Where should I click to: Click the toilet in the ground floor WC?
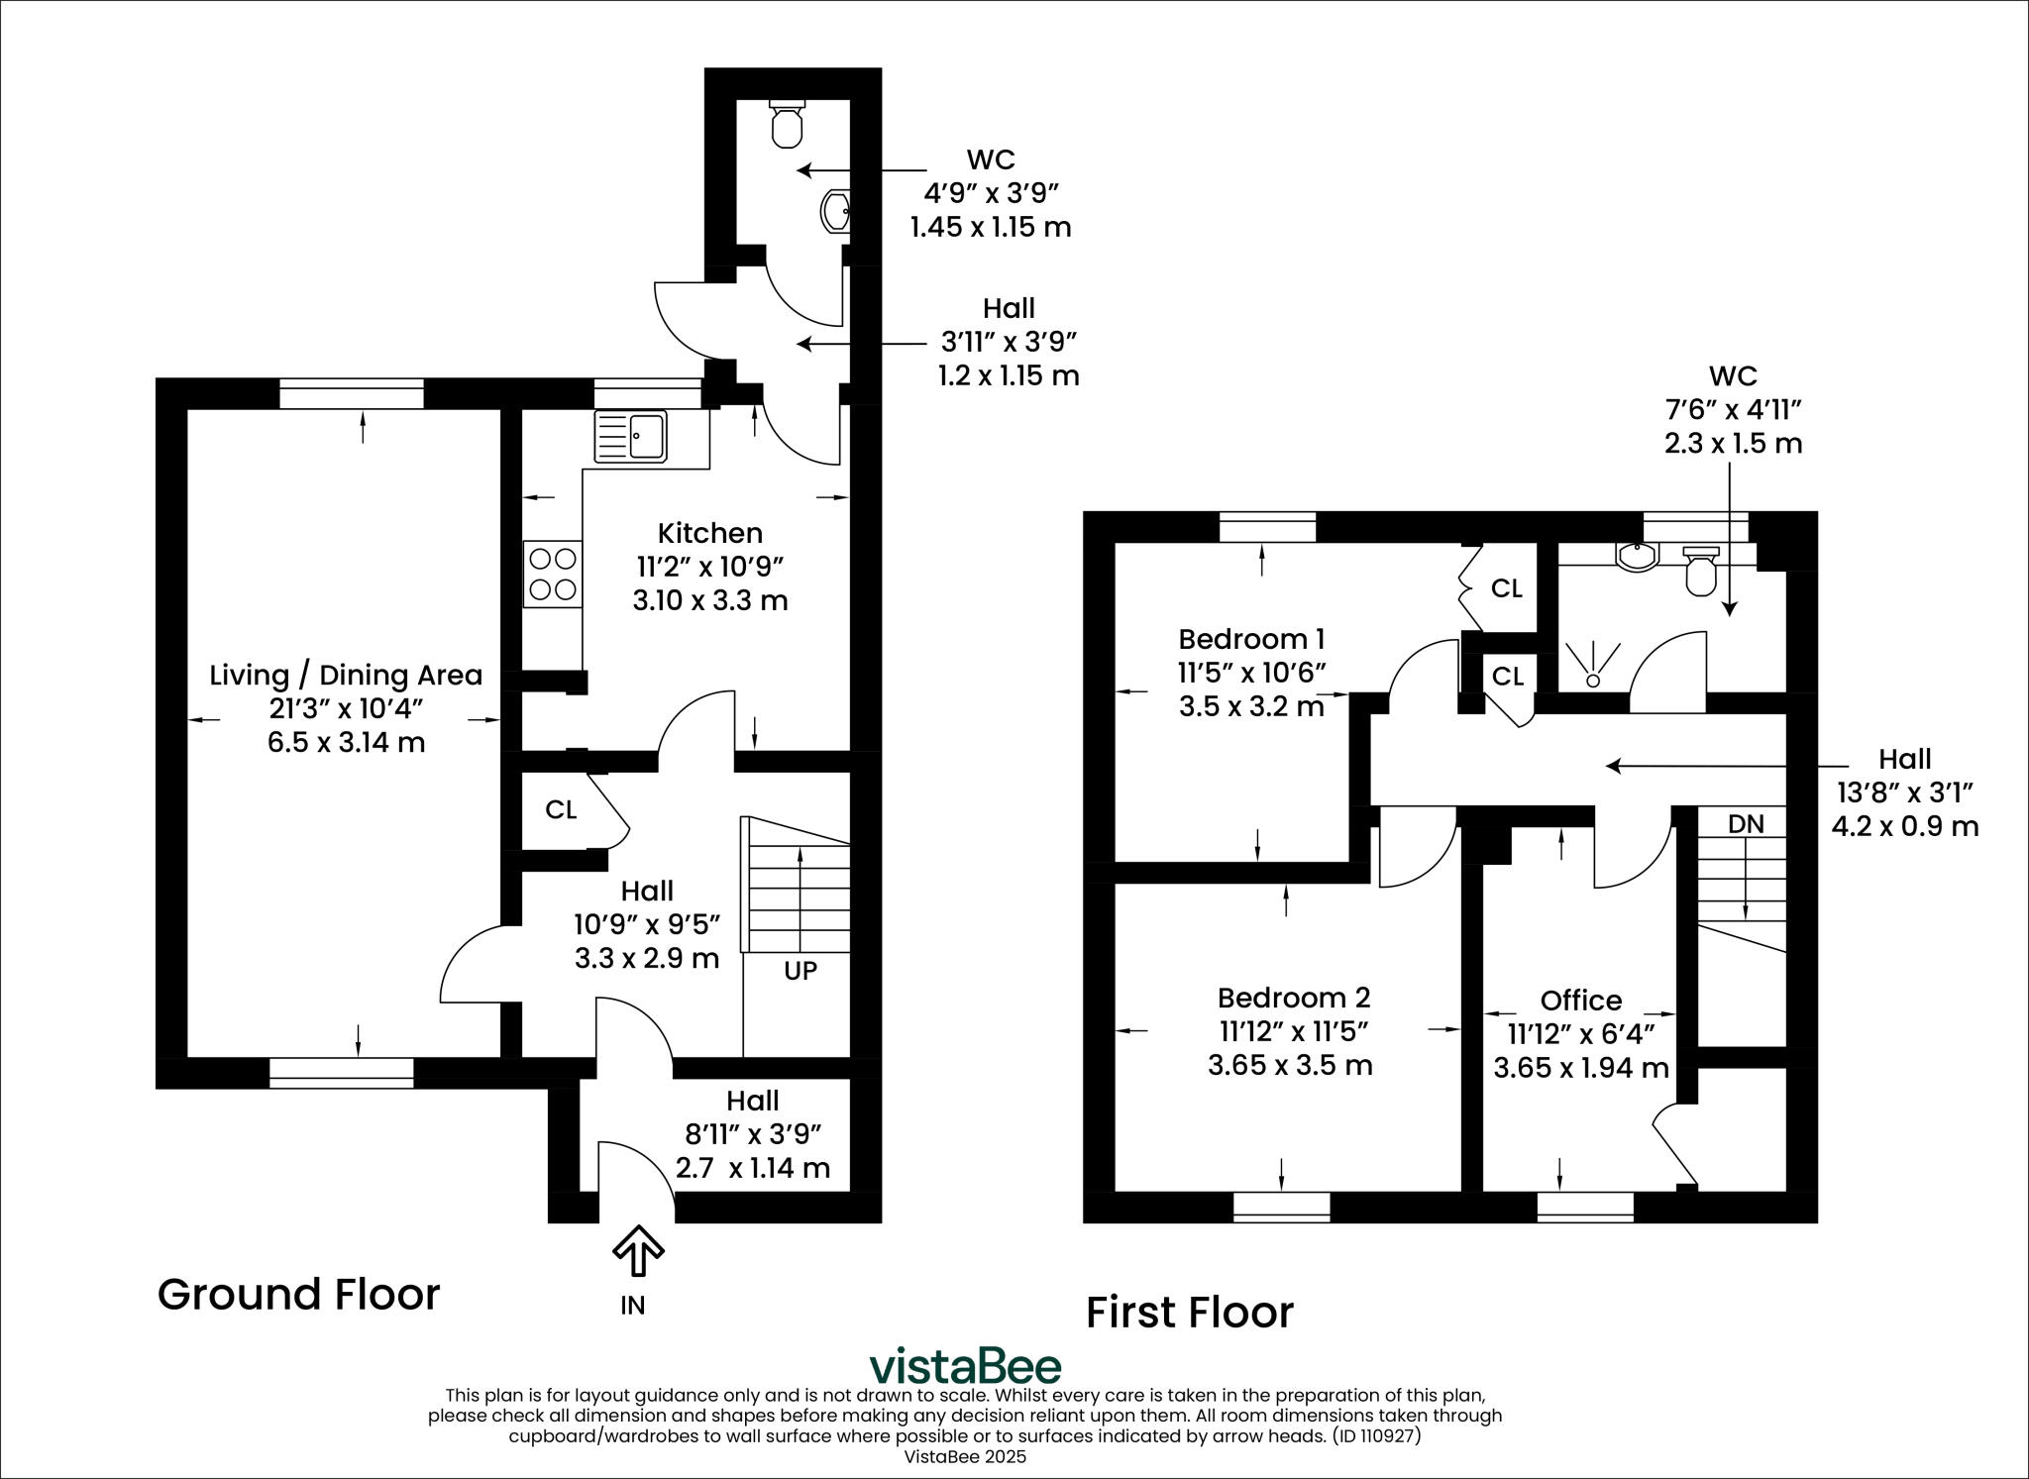787,124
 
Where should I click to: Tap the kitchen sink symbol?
631,437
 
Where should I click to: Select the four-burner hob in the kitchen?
553,574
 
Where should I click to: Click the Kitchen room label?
710,533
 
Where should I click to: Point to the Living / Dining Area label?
346,675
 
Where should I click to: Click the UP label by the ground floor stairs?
801,971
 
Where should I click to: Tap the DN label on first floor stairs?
1745,824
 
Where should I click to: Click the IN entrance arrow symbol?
638,1252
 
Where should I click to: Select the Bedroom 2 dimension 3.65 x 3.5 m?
1290,1065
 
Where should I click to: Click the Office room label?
1580,1000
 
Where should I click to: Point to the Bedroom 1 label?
1251,638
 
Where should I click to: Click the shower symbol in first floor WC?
1593,665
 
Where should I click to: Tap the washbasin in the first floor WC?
1636,558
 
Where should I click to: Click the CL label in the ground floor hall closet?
561,809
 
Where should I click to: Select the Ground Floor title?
298,1294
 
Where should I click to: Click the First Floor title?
1189,1313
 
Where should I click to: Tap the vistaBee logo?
964,1366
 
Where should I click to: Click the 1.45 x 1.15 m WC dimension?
990,227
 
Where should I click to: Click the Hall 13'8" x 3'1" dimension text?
1904,792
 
